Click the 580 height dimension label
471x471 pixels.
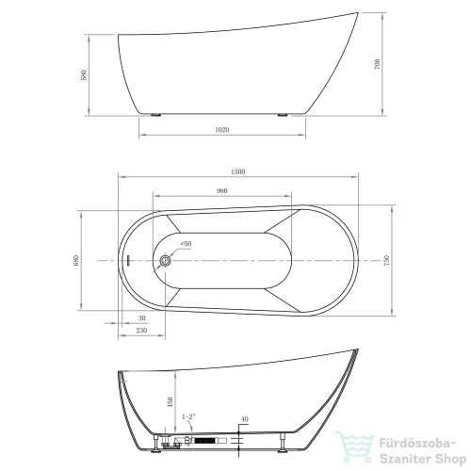84,75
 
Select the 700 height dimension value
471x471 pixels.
377,64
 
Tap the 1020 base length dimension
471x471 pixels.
222,130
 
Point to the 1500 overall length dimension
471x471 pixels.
237,171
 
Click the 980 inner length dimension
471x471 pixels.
221,191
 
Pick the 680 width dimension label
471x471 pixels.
76,261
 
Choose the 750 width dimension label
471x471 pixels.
386,260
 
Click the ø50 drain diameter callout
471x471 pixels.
186,244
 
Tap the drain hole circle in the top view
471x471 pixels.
165,260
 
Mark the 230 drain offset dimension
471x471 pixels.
141,331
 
